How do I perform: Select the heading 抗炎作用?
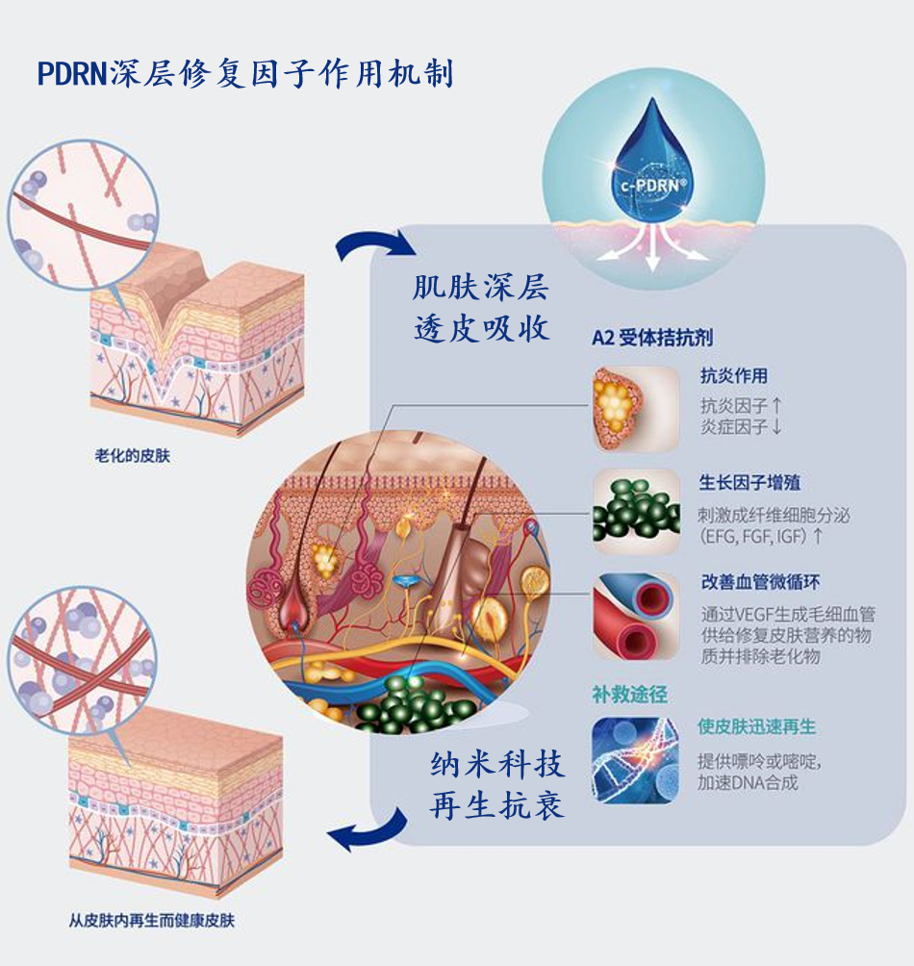coord(733,376)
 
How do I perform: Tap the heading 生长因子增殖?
coord(749,483)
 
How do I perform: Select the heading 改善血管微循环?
coord(760,583)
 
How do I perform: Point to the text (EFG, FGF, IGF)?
coord(761,536)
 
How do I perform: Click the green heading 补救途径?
coord(629,694)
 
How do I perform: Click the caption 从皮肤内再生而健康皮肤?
coord(152,921)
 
